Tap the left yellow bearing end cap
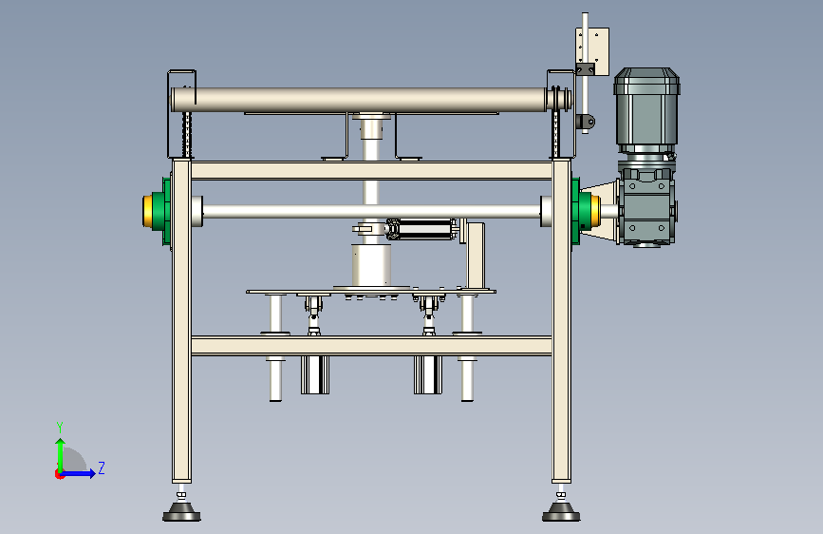pos(147,211)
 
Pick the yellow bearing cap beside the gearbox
pos(595,211)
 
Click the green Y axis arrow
pos(61,455)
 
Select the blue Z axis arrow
pos(78,473)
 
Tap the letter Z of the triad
pos(102,467)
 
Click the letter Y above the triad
pos(60,427)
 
